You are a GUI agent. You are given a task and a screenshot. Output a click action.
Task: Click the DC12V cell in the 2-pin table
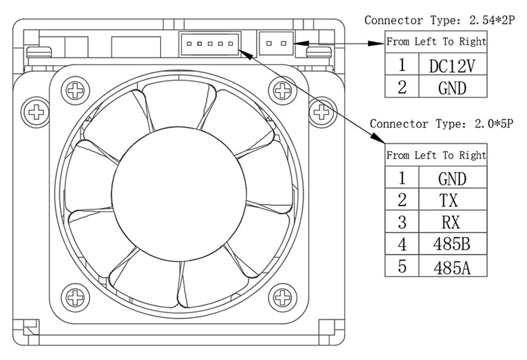tap(453, 64)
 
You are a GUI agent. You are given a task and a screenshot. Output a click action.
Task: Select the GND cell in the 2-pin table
tap(453, 87)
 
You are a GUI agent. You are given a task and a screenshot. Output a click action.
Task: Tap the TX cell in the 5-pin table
tap(453, 199)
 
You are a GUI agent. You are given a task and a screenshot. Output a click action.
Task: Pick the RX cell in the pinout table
tap(453, 222)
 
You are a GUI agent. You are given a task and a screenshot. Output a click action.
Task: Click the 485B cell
tap(453, 244)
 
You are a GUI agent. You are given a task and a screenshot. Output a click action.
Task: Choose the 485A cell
tap(453, 266)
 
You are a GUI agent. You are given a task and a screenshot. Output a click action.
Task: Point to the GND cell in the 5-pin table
tap(453, 177)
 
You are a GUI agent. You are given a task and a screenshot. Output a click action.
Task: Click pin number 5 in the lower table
tap(402, 267)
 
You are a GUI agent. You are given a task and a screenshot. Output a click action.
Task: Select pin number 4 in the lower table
tap(402, 244)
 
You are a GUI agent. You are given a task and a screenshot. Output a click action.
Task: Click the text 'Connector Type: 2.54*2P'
tap(439, 20)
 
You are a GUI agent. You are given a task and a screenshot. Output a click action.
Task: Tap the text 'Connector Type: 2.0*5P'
tap(441, 124)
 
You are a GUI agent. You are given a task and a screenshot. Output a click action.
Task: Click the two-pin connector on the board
tap(276, 43)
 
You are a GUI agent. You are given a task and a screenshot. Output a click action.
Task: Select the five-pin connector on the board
tap(210, 43)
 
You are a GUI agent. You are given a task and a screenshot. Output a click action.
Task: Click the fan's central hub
tap(179, 194)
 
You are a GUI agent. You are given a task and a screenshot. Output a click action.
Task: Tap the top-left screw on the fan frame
tap(76, 90)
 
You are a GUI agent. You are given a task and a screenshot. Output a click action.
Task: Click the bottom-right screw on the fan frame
tap(283, 297)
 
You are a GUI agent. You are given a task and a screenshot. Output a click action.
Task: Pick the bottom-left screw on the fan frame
tap(76, 297)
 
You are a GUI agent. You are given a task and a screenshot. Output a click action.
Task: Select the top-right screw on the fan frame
tap(283, 90)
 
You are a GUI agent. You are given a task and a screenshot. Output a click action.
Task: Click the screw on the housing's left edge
tap(36, 112)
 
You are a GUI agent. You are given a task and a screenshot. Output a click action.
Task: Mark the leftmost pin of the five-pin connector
tap(189, 43)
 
